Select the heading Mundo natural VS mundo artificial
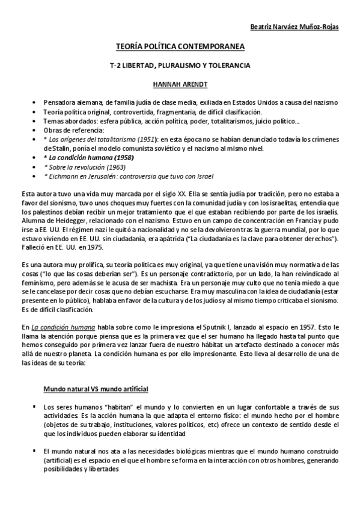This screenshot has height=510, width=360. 96,390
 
